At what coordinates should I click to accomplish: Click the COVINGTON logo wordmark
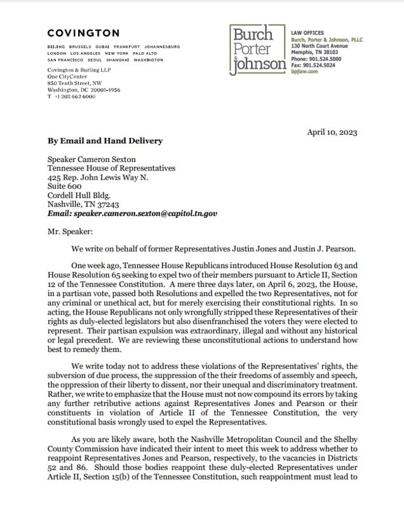pyautogui.click(x=83, y=33)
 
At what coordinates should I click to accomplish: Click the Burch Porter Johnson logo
pyautogui.click(x=257, y=50)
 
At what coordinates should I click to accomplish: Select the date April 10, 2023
pyautogui.click(x=332, y=133)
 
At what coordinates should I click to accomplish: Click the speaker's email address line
pyautogui.click(x=132, y=214)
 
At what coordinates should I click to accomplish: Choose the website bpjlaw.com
pyautogui.click(x=304, y=72)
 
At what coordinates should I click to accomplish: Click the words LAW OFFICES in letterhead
pyautogui.click(x=307, y=33)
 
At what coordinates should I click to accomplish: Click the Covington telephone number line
pyautogui.click(x=72, y=97)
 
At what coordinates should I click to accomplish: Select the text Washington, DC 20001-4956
pyautogui.click(x=84, y=90)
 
